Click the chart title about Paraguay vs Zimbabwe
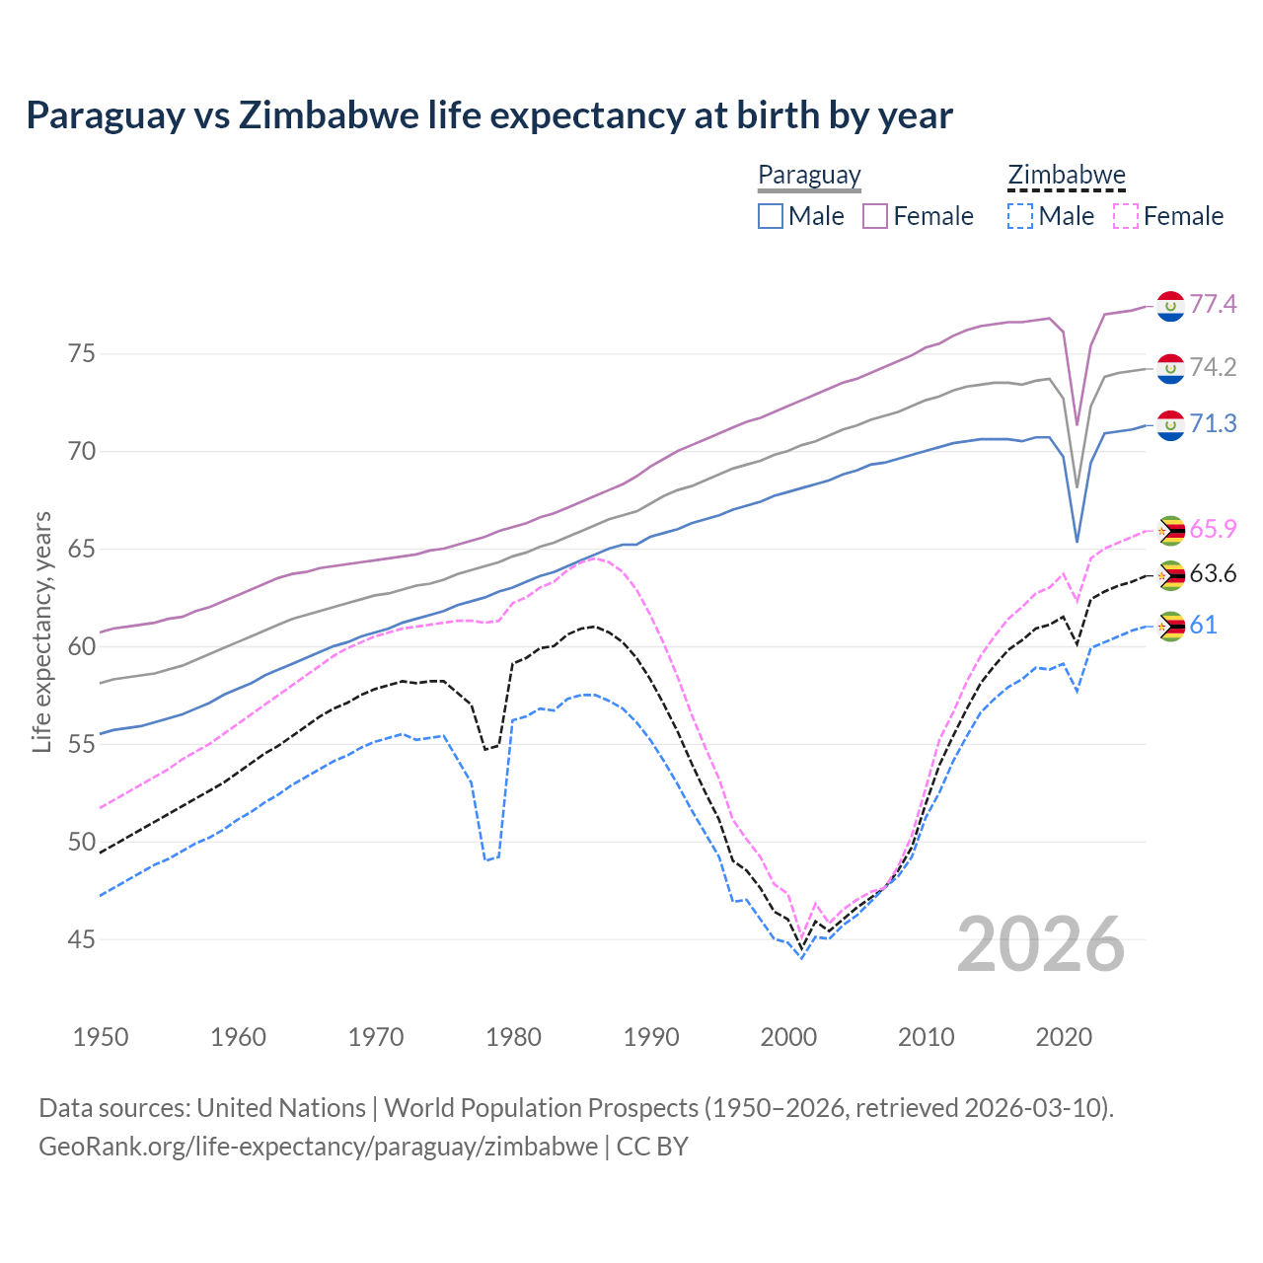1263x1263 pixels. coord(489,115)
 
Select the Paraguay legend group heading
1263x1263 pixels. coord(809,176)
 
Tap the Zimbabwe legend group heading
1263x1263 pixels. coord(1066,176)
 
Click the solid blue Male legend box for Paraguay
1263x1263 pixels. coord(771,216)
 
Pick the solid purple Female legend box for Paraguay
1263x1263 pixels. coord(875,216)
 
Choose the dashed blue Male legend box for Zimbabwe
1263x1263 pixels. coord(1020,216)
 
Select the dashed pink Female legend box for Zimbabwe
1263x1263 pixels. coord(1126,216)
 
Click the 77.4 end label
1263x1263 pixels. coord(1213,304)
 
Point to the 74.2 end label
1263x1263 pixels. coord(1213,367)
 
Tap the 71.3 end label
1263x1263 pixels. coord(1213,423)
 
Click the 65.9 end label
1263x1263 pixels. coord(1213,529)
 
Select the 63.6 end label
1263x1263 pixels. coord(1213,573)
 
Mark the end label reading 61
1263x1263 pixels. coord(1203,625)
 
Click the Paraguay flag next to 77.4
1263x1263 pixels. coord(1170,306)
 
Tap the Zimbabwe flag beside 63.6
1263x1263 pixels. coord(1170,575)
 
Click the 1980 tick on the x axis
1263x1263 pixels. coord(513,1037)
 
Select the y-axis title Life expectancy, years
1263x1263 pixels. coord(41,631)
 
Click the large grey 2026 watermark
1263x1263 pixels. coord(1041,944)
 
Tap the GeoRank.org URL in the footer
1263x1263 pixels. coord(318,1147)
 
